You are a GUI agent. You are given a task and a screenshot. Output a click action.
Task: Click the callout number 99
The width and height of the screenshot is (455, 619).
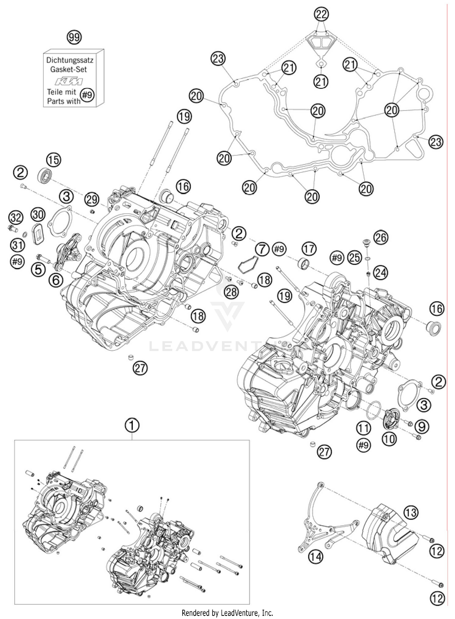click(x=74, y=38)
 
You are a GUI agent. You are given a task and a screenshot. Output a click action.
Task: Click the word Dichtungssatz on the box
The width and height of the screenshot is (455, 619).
click(x=69, y=60)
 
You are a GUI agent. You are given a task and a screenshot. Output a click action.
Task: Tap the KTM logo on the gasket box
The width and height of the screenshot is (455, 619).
click(x=68, y=82)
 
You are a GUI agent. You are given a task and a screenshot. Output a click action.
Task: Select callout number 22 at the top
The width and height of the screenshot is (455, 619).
click(x=322, y=14)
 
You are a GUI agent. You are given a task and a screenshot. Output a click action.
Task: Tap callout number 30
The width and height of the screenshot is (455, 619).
click(x=38, y=215)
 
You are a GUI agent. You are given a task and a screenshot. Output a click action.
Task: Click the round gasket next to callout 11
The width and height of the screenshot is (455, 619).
click(x=374, y=409)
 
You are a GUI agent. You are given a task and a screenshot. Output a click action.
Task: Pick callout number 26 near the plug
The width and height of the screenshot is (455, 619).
click(x=381, y=237)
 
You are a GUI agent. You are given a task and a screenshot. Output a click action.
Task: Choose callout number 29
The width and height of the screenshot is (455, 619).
click(x=92, y=199)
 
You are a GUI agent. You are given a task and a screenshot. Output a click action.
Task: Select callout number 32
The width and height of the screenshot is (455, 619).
click(x=15, y=217)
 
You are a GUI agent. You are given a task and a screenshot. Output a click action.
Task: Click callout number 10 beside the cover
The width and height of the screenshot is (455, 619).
click(x=389, y=439)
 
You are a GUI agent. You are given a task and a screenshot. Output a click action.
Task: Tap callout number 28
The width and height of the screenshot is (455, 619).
click(x=231, y=292)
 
